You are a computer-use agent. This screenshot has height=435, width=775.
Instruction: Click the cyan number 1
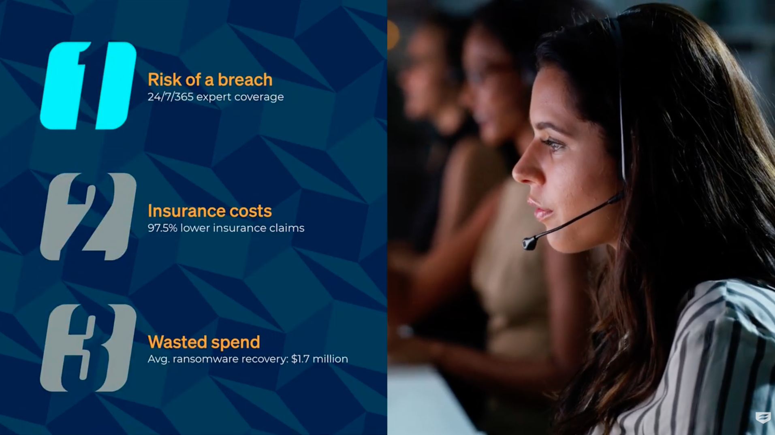click(88, 85)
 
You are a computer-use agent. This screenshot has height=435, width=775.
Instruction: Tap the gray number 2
click(88, 217)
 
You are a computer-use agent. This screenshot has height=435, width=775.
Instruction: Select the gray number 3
click(88, 348)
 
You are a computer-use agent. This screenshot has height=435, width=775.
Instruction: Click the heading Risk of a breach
click(210, 80)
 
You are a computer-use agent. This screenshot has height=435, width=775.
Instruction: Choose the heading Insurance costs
click(209, 211)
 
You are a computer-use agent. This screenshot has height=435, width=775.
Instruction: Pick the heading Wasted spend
click(204, 342)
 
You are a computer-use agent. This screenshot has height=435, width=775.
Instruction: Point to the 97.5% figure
click(162, 228)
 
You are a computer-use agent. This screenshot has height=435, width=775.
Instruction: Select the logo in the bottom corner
click(763, 418)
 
